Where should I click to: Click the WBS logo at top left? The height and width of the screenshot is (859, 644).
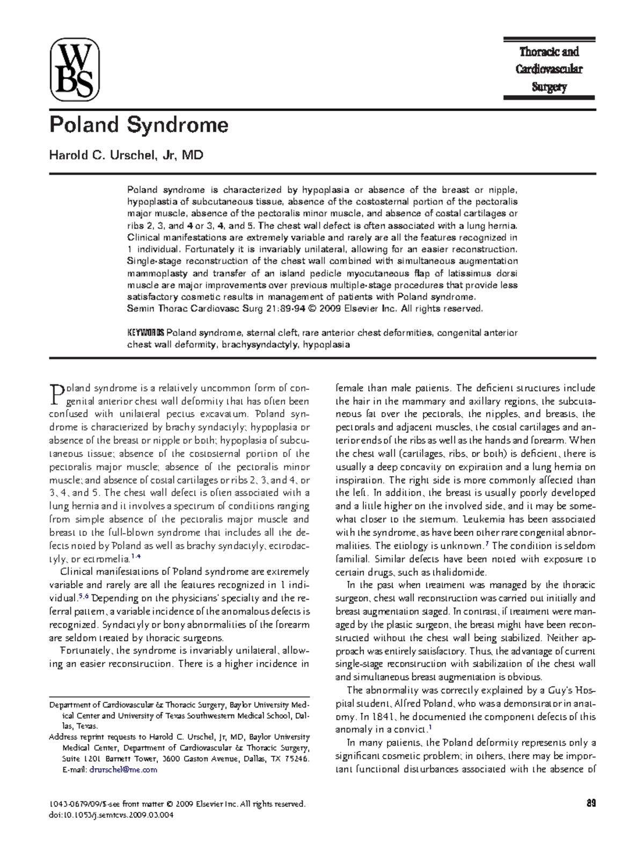[75, 70]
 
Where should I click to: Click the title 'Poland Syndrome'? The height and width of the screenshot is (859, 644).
[138, 125]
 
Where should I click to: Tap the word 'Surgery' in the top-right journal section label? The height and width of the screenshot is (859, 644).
[549, 87]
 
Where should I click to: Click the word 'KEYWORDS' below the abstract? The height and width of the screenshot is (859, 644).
[145, 333]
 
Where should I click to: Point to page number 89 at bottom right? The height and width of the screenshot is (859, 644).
[591, 804]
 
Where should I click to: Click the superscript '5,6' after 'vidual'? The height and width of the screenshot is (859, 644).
[83, 596]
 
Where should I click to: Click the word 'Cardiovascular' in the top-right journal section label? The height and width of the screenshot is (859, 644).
[549, 69]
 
